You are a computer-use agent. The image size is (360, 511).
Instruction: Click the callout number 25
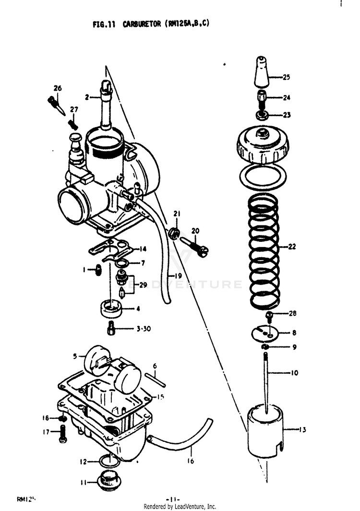click(286, 77)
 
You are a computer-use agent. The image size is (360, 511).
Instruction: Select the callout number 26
click(58, 88)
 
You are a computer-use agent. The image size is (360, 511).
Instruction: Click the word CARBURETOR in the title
click(143, 24)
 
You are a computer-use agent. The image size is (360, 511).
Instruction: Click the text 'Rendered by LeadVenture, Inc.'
click(180, 507)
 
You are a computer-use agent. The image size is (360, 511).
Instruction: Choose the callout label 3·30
click(144, 329)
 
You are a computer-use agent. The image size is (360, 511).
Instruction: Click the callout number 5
click(75, 357)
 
